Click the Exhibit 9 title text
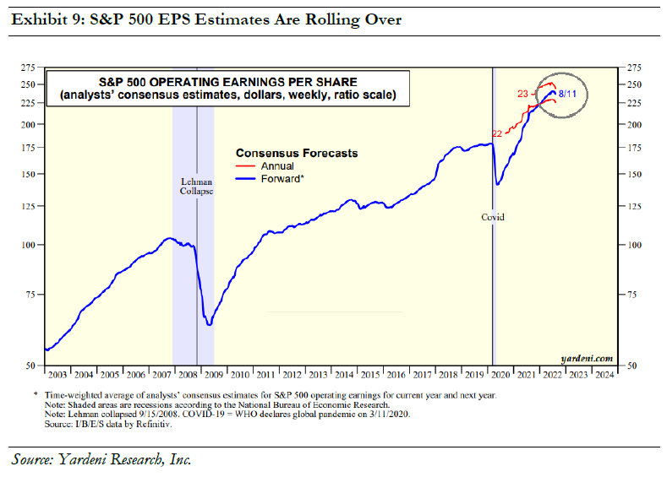click(206, 19)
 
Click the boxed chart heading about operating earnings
click(227, 89)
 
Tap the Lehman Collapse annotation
click(197, 186)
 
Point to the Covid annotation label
click(493, 217)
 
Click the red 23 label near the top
click(522, 93)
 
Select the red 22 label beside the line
click(497, 133)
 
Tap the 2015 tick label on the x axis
click(369, 373)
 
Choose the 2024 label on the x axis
click(604, 373)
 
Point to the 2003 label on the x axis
click(57, 373)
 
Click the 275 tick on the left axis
click(30, 67)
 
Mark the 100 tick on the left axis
click(30, 245)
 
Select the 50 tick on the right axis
click(631, 366)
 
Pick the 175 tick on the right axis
click(633, 148)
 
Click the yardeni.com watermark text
click(587, 358)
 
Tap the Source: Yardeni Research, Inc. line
click(102, 460)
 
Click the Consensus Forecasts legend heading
click(296, 154)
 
